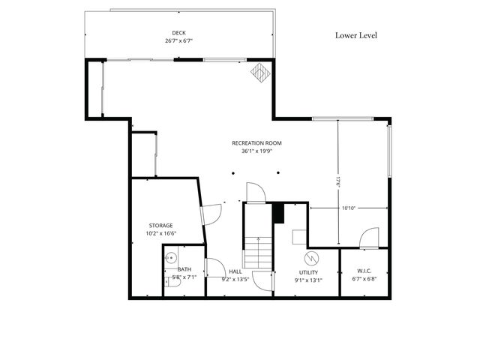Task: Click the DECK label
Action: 178,32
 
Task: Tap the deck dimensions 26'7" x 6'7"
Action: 178,40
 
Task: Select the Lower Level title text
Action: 355,35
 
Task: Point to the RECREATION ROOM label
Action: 256,142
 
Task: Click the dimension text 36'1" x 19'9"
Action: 256,151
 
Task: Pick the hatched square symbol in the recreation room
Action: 259,73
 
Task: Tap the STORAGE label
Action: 160,225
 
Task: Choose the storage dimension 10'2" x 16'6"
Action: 160,233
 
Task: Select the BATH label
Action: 184,269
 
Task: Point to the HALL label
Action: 235,271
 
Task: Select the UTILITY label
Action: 309,272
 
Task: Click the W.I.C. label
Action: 364,271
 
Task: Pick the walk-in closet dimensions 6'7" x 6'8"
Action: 364,280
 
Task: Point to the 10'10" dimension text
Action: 349,208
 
